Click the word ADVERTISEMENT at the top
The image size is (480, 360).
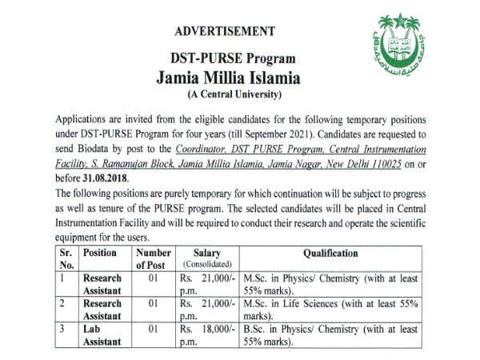224,32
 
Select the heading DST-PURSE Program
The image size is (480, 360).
230,59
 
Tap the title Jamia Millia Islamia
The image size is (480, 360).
230,78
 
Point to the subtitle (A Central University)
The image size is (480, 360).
230,95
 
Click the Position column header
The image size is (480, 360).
101,253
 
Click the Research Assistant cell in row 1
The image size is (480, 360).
102,285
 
